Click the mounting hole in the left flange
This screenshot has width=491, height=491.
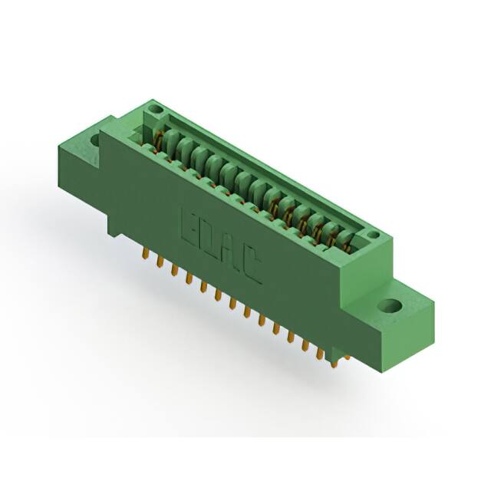[x=95, y=140]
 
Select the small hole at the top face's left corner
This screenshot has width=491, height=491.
[x=156, y=110]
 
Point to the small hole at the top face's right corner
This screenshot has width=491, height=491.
[x=373, y=235]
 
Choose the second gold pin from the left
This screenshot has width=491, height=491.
[x=160, y=262]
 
